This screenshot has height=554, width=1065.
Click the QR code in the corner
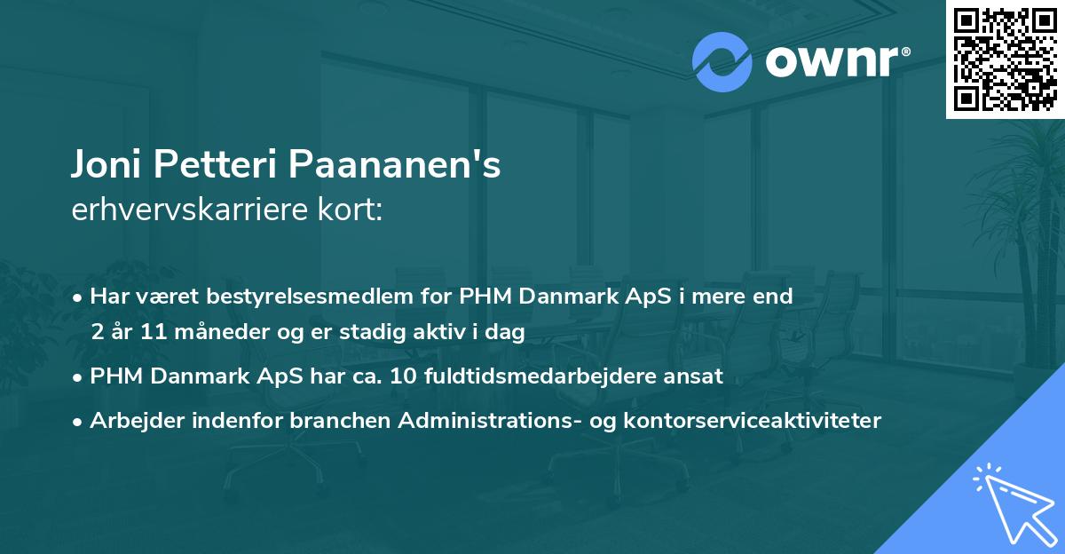click(1005, 59)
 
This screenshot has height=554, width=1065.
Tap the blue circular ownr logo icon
click(722, 62)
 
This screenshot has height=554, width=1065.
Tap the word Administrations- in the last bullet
click(474, 420)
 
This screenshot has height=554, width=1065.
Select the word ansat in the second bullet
click(698, 376)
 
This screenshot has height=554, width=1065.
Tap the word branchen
click(341, 420)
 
